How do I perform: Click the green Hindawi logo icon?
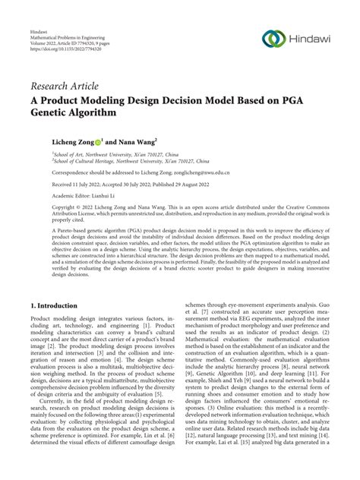click(273, 39)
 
